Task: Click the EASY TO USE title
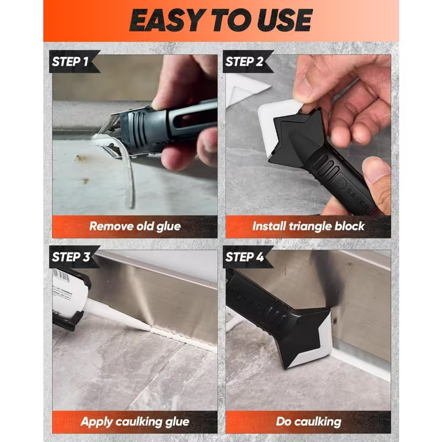(220, 20)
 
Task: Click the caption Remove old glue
(135, 227)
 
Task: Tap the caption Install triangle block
(308, 226)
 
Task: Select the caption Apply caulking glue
(135, 422)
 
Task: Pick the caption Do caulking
(308, 422)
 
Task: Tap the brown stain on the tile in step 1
(80, 159)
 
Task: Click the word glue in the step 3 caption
(177, 422)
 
